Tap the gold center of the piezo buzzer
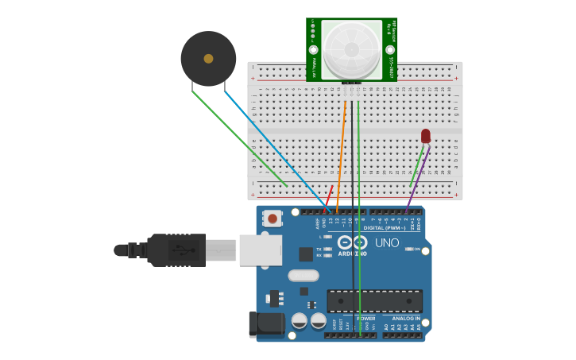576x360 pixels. (208, 59)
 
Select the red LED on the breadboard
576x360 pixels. (426, 136)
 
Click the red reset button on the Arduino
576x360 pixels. (273, 218)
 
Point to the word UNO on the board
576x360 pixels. (387, 243)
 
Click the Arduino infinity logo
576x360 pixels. (352, 242)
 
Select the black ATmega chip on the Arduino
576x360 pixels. (374, 301)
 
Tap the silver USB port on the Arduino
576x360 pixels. (260, 250)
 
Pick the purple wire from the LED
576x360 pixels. (419, 179)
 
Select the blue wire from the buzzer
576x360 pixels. (274, 151)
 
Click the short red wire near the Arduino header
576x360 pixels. (329, 194)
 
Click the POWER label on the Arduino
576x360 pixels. (365, 319)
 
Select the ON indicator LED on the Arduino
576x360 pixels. (410, 249)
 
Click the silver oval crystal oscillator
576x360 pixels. (303, 276)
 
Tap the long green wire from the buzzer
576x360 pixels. (238, 139)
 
